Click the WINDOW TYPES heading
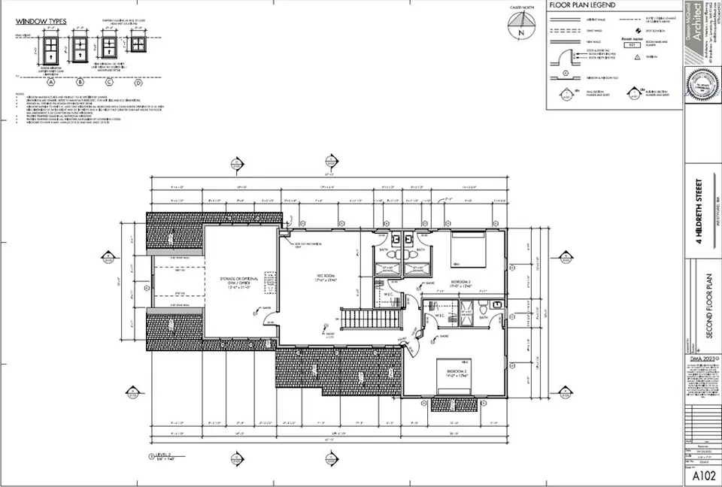[x=40, y=22]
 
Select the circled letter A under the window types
[x=52, y=82]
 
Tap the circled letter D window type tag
[x=138, y=82]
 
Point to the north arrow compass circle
[x=518, y=32]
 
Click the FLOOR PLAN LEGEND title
[x=584, y=5]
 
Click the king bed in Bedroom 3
[x=468, y=251]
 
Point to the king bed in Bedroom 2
[x=455, y=374]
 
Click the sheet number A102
[x=700, y=476]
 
